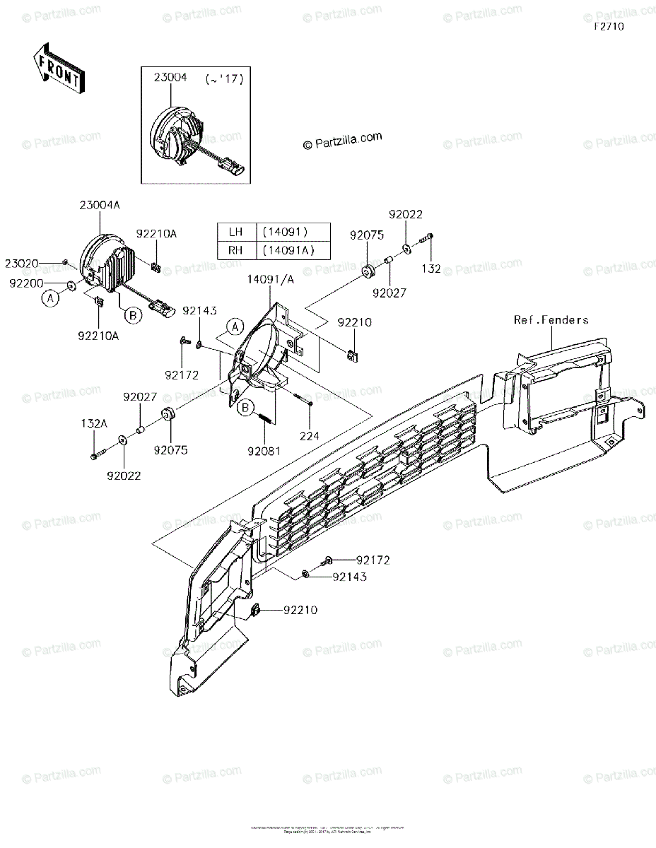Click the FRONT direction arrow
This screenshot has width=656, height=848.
(x=59, y=69)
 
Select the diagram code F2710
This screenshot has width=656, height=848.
(x=609, y=26)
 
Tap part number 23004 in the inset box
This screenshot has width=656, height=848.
(x=170, y=78)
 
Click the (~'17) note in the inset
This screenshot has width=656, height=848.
(x=224, y=80)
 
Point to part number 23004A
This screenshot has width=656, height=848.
(x=100, y=205)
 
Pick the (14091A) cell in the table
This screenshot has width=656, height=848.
(x=286, y=249)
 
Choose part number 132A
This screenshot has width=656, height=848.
(x=94, y=423)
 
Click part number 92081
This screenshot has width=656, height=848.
(x=263, y=448)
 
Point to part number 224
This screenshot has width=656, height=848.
(x=309, y=436)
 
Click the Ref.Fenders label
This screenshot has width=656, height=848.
(x=551, y=320)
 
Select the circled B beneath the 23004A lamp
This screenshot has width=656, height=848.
(x=134, y=314)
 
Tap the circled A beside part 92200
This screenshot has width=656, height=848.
(x=50, y=299)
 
